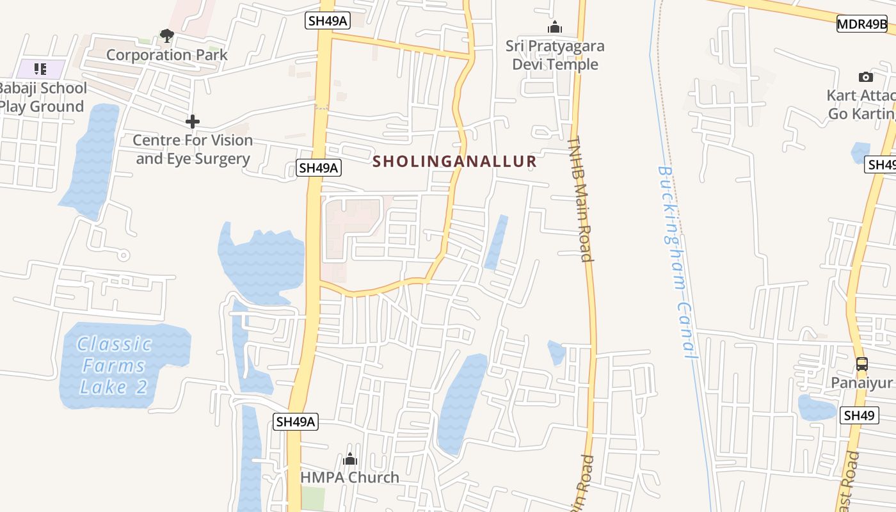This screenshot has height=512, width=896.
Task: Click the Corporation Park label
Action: click(166, 55)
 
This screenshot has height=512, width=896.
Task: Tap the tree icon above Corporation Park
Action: click(167, 35)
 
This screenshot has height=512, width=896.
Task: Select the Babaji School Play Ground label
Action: click(42, 97)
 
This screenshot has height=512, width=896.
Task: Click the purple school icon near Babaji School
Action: click(41, 68)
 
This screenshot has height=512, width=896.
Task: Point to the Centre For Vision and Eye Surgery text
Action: click(193, 149)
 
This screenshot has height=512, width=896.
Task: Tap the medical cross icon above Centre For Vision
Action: click(192, 121)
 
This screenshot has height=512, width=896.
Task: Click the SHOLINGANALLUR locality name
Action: click(454, 161)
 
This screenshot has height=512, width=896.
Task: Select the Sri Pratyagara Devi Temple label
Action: click(555, 55)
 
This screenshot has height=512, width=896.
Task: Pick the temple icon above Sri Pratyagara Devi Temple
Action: click(554, 27)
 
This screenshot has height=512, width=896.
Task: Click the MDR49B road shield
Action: click(862, 24)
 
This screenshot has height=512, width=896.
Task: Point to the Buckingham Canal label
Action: click(675, 262)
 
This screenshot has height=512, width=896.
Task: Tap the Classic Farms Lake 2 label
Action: click(114, 365)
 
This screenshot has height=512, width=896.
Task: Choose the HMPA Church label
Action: click(349, 477)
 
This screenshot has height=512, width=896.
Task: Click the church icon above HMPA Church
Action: click(349, 459)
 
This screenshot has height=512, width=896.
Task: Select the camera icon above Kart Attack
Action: click(865, 77)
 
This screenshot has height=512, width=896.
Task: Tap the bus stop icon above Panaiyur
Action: click(861, 364)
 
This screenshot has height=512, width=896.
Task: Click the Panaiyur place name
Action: click(861, 383)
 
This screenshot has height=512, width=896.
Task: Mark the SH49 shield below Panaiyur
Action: click(859, 415)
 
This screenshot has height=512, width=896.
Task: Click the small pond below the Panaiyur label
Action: click(816, 407)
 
